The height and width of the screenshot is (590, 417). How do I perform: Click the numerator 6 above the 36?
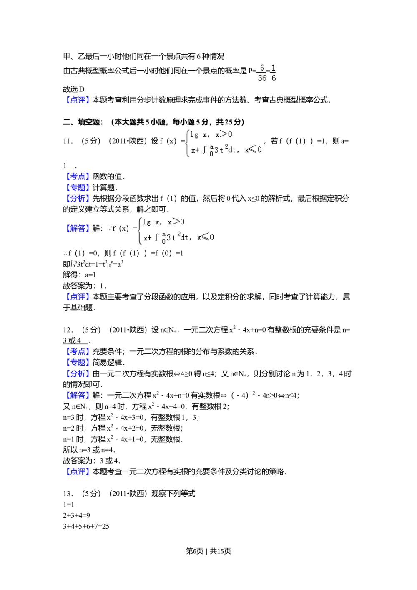[x=262, y=68]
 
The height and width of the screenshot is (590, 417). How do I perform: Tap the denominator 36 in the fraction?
[x=262, y=78]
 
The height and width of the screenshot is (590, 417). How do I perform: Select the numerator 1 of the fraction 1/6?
[x=274, y=68]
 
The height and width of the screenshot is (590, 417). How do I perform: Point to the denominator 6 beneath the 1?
[x=274, y=78]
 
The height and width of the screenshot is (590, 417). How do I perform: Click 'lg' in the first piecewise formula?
[x=194, y=135]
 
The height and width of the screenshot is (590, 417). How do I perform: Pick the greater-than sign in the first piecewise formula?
[x=224, y=134]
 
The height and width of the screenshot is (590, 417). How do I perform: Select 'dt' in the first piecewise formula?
[x=232, y=150]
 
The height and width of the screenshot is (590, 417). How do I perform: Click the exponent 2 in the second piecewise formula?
[x=179, y=235]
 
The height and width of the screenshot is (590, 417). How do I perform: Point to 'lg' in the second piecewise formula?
[x=147, y=222]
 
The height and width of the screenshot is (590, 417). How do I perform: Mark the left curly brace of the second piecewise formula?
[x=140, y=232]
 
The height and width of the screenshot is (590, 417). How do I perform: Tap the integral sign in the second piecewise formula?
[x=157, y=238]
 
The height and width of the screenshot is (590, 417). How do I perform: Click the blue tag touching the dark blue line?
[x=78, y=297]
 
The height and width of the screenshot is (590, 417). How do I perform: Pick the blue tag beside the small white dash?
[x=78, y=176]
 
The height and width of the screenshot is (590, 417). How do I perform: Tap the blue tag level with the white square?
[x=78, y=352]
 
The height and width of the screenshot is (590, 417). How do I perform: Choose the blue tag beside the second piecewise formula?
[x=78, y=228]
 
